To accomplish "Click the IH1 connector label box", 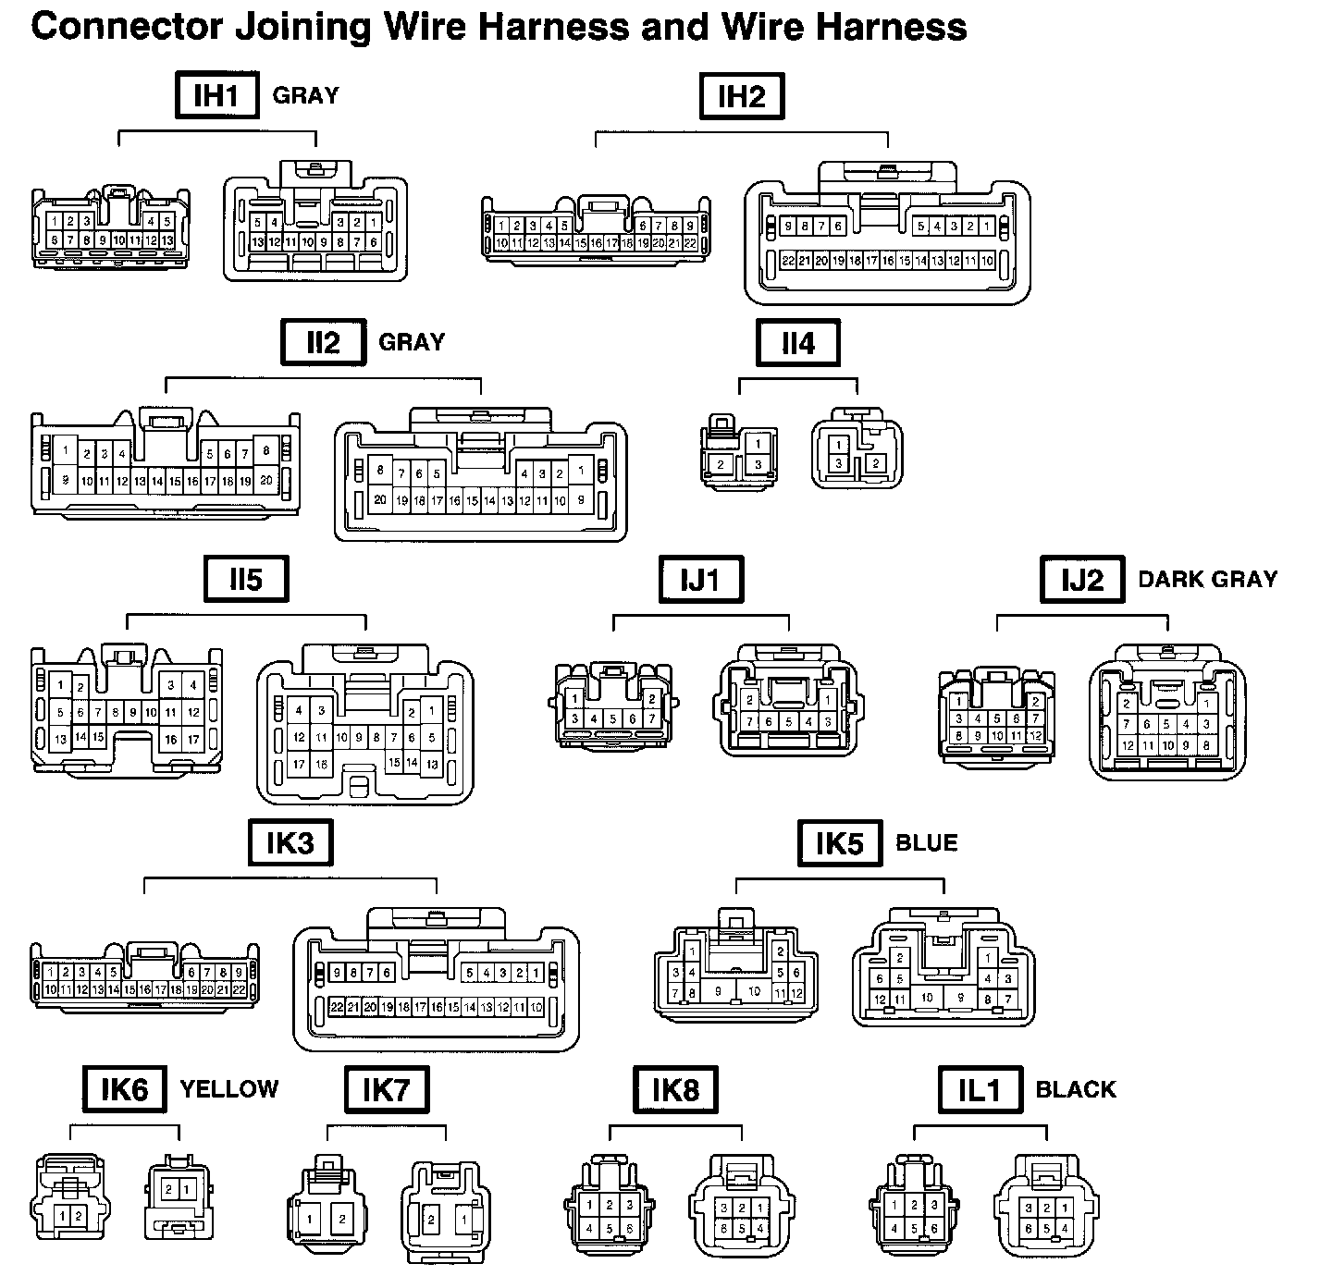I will [x=216, y=96].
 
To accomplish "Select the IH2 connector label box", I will [x=742, y=97].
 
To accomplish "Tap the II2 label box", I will [x=323, y=343].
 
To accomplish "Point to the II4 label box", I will [x=798, y=343].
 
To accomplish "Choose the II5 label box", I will [x=246, y=580].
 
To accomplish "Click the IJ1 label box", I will [x=700, y=580].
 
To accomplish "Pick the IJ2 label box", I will [x=1082, y=580].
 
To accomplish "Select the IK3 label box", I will [x=290, y=842].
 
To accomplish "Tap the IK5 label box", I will [x=840, y=842].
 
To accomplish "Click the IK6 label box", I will [x=125, y=1089].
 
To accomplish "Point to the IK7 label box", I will [x=387, y=1089].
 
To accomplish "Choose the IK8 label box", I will [x=676, y=1089].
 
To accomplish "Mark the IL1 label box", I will [x=980, y=1089].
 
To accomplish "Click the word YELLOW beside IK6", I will [x=229, y=1089].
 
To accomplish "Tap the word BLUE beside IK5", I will [x=927, y=842].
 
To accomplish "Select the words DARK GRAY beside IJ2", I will [x=1208, y=580].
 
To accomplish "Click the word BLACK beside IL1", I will [x=1076, y=1089].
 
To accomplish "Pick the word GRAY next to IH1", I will [x=305, y=95].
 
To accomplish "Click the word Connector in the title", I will [x=116, y=28].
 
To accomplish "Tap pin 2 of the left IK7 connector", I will [x=342, y=1220].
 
